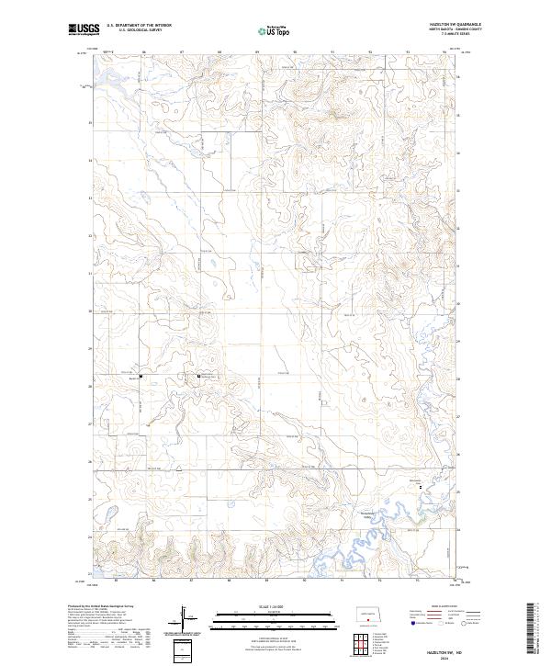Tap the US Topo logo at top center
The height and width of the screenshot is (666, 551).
tap(275, 29)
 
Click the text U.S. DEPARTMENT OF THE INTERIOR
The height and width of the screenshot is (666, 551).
tap(139, 26)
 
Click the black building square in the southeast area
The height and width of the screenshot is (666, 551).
tap(421, 486)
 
